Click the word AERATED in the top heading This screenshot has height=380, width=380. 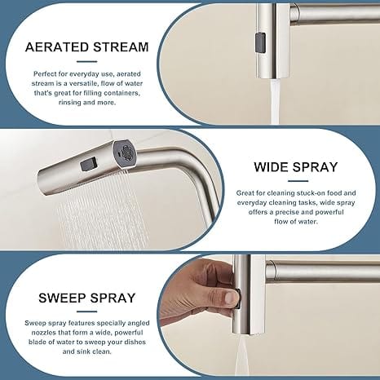pyautogui.click(x=57, y=47)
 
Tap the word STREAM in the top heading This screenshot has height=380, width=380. pyautogui.click(x=122, y=47)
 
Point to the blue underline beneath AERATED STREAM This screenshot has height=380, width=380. pyautogui.click(x=86, y=62)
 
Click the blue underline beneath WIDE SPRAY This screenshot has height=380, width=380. pyautogui.click(x=298, y=181)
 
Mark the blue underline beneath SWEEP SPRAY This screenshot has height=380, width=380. pyautogui.click(x=86, y=312)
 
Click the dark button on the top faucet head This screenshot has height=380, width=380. pyautogui.click(x=260, y=42)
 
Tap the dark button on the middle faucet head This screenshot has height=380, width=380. pyautogui.click(x=88, y=165)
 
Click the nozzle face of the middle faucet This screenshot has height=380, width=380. pyautogui.click(x=126, y=153)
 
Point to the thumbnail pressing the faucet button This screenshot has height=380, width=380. pyautogui.click(x=230, y=298)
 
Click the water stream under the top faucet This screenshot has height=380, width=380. pyautogui.click(x=275, y=101)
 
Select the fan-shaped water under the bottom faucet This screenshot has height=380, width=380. pyautogui.click(x=243, y=357)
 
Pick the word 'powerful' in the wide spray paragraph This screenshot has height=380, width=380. pyautogui.click(x=330, y=212)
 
